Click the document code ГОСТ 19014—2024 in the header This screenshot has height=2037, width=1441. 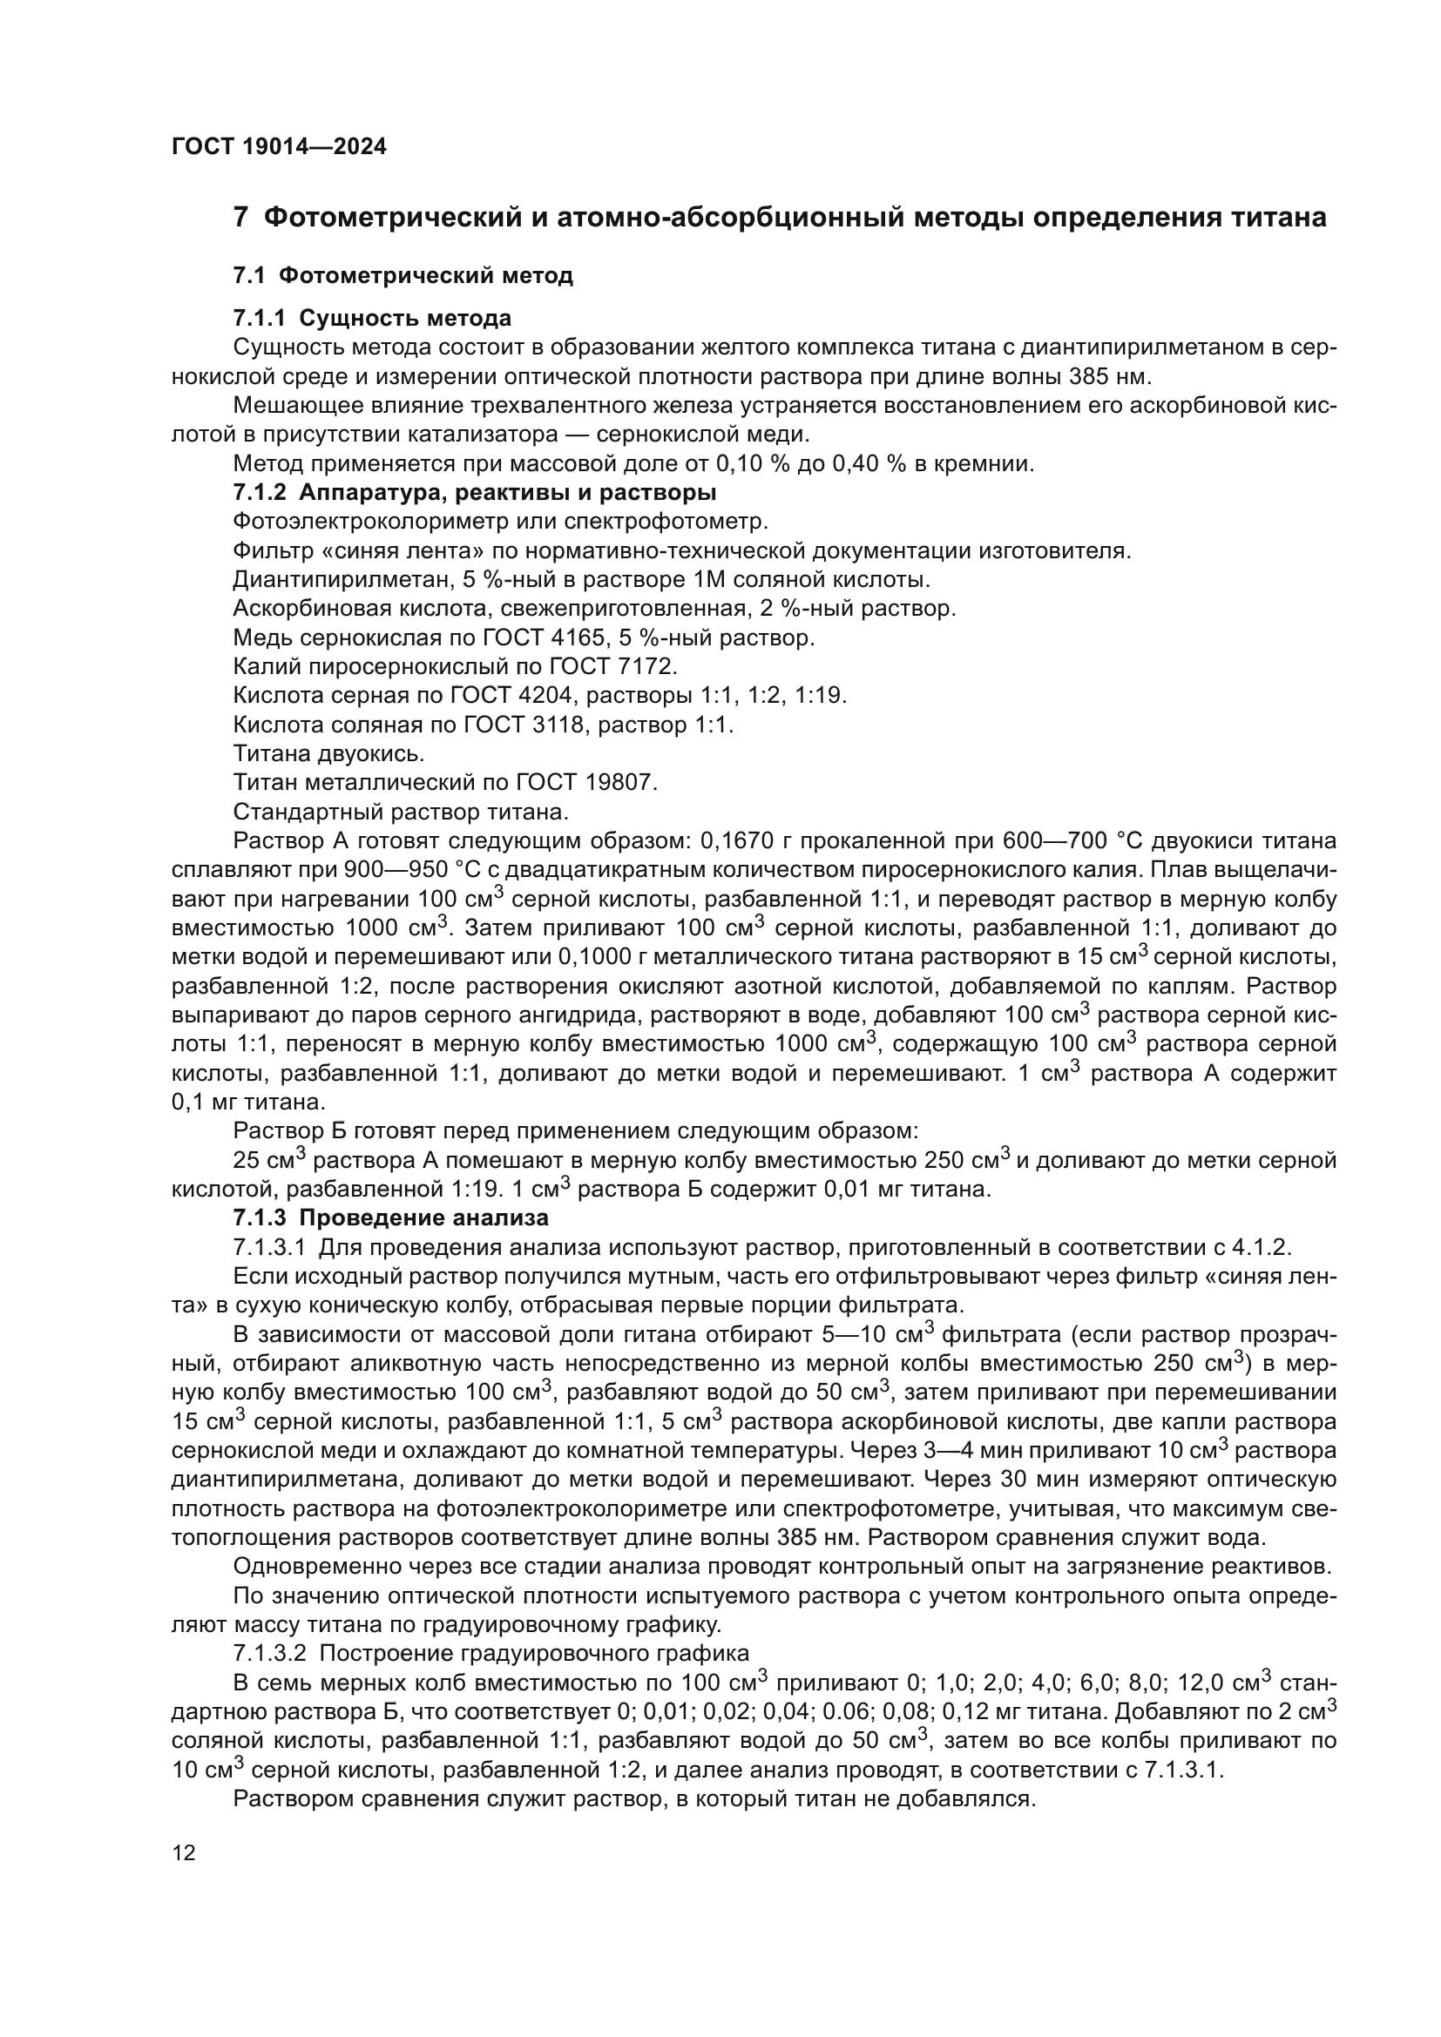[x=279, y=147]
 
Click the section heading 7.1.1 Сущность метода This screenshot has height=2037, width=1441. [x=372, y=318]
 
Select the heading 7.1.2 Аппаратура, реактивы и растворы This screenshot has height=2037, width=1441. [x=475, y=491]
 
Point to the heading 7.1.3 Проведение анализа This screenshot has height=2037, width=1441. [x=390, y=1217]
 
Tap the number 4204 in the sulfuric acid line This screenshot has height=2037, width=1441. [x=540, y=696]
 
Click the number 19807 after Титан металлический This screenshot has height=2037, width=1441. [x=619, y=783]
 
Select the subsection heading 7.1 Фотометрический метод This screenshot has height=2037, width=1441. [x=403, y=276]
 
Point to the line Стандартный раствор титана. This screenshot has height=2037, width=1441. [x=400, y=812]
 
